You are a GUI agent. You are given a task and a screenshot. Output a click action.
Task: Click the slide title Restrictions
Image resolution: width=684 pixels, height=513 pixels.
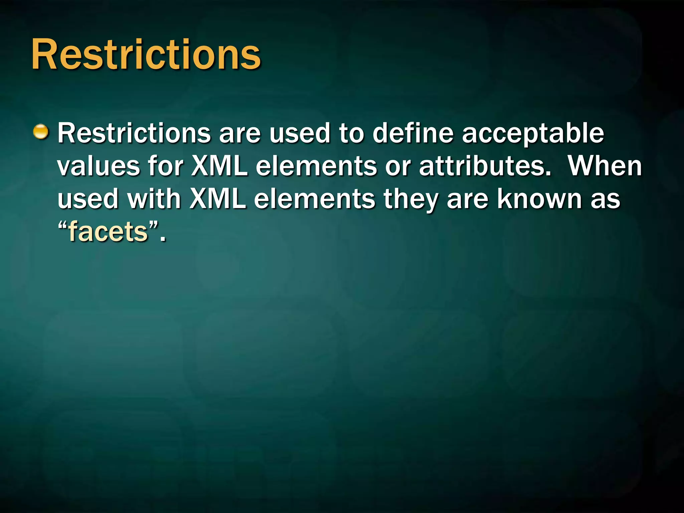(146, 54)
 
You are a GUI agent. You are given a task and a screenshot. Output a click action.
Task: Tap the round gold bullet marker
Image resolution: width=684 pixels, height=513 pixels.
(41, 132)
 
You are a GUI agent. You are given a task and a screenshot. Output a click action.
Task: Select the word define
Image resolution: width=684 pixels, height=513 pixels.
(413, 133)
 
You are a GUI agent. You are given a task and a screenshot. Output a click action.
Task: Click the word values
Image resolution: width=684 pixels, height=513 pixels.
(99, 166)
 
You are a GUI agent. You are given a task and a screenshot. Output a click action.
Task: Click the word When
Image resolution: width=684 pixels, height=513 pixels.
(605, 166)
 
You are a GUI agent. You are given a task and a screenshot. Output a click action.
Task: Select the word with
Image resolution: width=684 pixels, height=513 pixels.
(154, 199)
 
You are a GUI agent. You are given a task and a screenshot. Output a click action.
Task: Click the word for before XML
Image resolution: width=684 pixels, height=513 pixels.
(166, 166)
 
